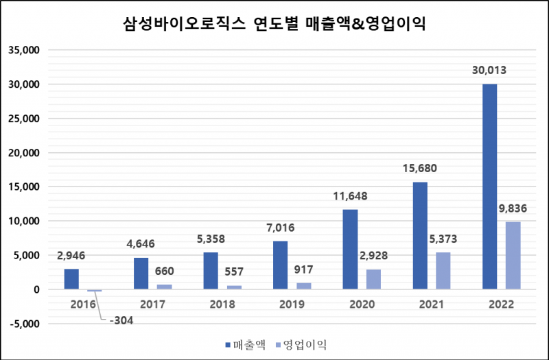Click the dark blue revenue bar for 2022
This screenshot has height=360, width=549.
click(489, 187)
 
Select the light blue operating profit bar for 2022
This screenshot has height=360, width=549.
click(513, 255)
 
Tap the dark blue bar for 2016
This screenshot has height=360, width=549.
click(71, 279)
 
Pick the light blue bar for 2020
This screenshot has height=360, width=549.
click(373, 279)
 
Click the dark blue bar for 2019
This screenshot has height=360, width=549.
click(281, 265)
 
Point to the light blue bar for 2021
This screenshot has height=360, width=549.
click(443, 271)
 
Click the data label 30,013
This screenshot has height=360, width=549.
click(489, 71)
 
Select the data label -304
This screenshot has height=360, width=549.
click(121, 320)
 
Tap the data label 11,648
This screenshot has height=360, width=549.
click(350, 196)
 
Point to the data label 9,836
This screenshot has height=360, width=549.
click(513, 208)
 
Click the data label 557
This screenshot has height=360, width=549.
click(234, 272)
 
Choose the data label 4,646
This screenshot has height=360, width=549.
click(141, 244)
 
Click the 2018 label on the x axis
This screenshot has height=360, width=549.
click(222, 304)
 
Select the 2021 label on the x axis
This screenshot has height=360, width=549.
click(432, 304)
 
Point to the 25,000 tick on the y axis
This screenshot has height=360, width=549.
click(24, 119)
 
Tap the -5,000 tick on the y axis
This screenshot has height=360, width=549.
click(25, 324)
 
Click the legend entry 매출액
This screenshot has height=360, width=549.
click(246, 345)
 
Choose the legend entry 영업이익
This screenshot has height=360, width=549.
click(301, 345)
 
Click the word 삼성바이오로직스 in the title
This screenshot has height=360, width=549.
click(184, 25)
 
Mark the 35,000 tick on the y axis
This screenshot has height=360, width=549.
click(24, 50)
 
